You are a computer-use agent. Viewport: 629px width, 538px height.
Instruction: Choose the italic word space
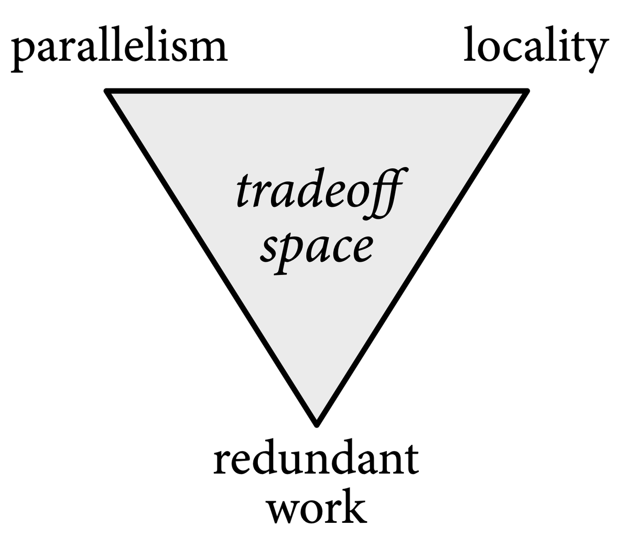point(317,246)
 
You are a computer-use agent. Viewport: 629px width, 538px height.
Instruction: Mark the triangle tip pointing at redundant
point(317,422)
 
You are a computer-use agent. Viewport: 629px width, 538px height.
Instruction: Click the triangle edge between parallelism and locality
point(317,92)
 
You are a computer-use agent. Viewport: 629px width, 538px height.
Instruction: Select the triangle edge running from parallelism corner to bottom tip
point(212,257)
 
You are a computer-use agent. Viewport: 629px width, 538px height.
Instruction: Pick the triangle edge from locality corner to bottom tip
point(421,257)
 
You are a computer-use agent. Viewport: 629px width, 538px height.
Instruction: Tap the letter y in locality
point(597,52)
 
